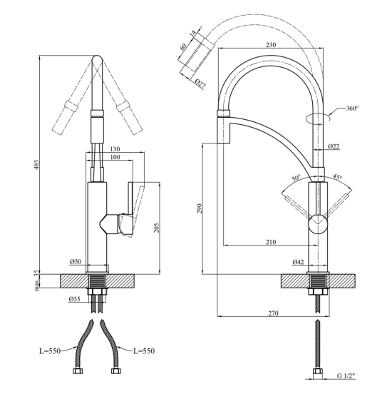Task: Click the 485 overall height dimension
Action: pyautogui.click(x=36, y=164)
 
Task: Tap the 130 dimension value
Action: pyautogui.click(x=115, y=149)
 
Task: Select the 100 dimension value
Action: pyautogui.click(x=115, y=157)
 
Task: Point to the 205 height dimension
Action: pyautogui.click(x=157, y=228)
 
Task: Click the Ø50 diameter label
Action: pyautogui.click(x=76, y=262)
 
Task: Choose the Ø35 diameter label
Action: pyautogui.click(x=75, y=299)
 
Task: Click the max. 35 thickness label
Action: pyautogui.click(x=37, y=281)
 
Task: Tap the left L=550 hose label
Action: pyautogui.click(x=50, y=351)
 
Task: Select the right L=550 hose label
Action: pyautogui.click(x=144, y=351)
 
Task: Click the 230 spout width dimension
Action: pyautogui.click(x=271, y=45)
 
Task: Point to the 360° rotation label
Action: pyautogui.click(x=352, y=108)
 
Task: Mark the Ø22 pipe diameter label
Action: pyautogui.click(x=334, y=146)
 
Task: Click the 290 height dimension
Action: pyautogui.click(x=200, y=208)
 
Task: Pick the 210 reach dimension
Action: pyautogui.click(x=271, y=242)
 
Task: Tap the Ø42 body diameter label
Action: pyautogui.click(x=298, y=262)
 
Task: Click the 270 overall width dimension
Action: pyautogui.click(x=273, y=313)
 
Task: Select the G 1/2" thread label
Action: pyautogui.click(x=346, y=383)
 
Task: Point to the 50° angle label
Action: pyautogui.click(x=296, y=178)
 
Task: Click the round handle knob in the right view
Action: pyautogui.click(x=318, y=224)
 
